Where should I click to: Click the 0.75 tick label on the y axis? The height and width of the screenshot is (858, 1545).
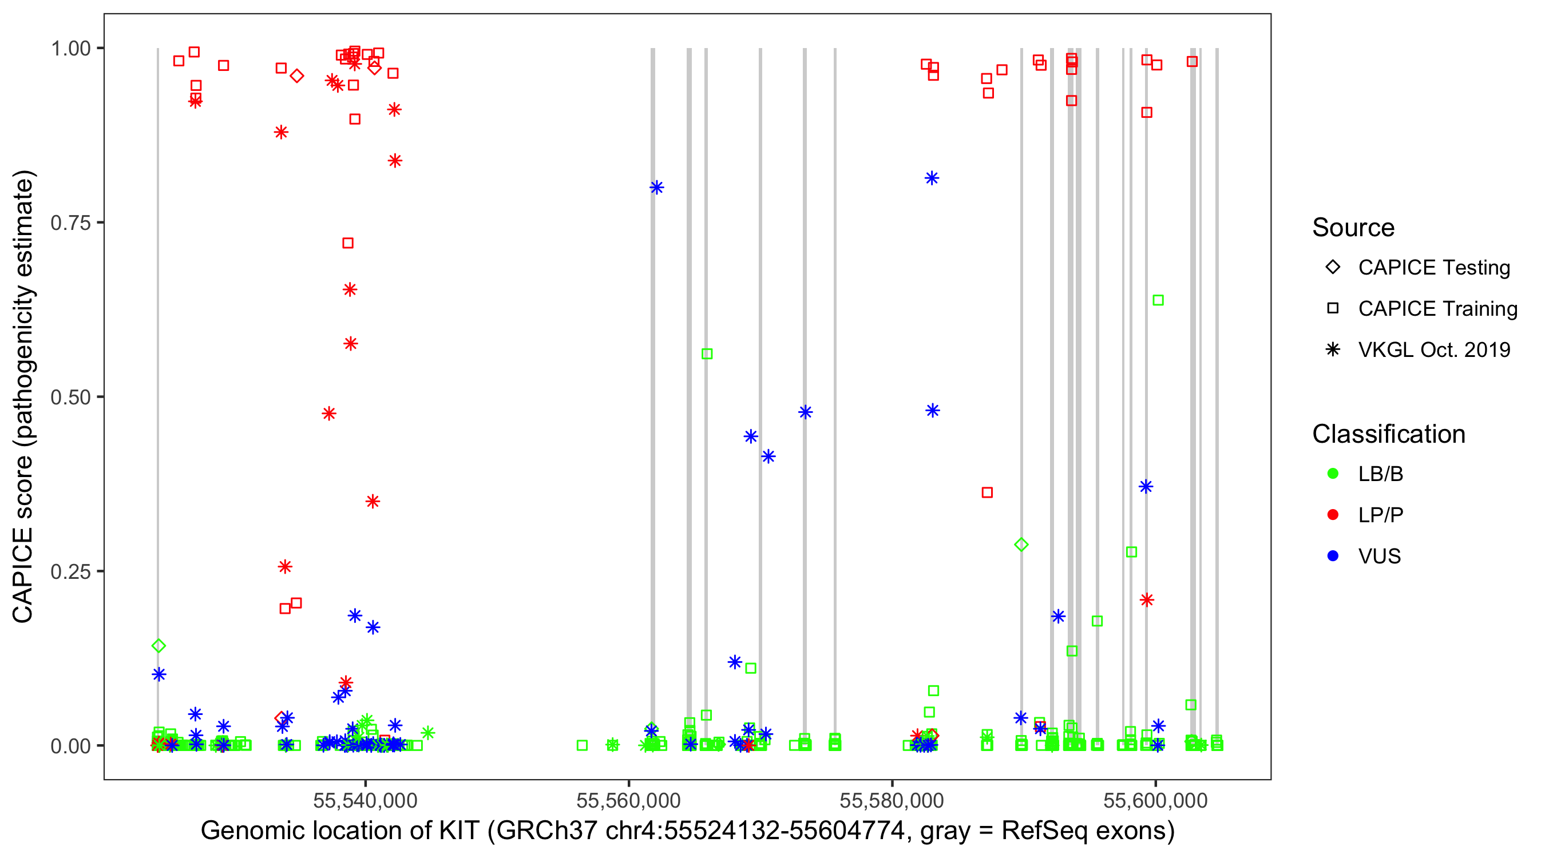click(x=70, y=223)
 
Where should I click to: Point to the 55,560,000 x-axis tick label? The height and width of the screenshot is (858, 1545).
click(x=628, y=800)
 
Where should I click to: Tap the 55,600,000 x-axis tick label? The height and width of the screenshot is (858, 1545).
click(x=1155, y=800)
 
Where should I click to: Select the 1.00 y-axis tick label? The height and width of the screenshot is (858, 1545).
click(x=70, y=49)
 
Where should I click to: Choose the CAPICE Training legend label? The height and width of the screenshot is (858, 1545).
click(x=1437, y=309)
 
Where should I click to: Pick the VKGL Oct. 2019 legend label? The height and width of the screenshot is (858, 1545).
click(x=1433, y=350)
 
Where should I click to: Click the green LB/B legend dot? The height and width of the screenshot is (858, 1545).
click(x=1333, y=474)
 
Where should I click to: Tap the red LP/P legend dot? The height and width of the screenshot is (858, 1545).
click(x=1333, y=515)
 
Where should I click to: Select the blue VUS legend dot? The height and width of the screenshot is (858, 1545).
click(x=1333, y=557)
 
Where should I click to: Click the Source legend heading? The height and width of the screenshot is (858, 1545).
click(x=1353, y=228)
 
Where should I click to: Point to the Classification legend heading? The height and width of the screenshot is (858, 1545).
click(x=1388, y=434)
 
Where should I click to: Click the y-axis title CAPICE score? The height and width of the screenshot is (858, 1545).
click(x=24, y=396)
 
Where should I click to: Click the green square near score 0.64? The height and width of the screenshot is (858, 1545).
click(x=1158, y=300)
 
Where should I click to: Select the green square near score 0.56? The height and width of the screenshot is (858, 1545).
click(x=707, y=354)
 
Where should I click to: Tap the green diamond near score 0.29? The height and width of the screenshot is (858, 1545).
click(x=1021, y=545)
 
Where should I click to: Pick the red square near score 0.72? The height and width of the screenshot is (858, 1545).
click(x=348, y=243)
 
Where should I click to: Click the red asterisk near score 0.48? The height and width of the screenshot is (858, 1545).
click(x=328, y=414)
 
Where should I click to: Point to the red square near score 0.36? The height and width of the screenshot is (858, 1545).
click(x=987, y=492)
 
